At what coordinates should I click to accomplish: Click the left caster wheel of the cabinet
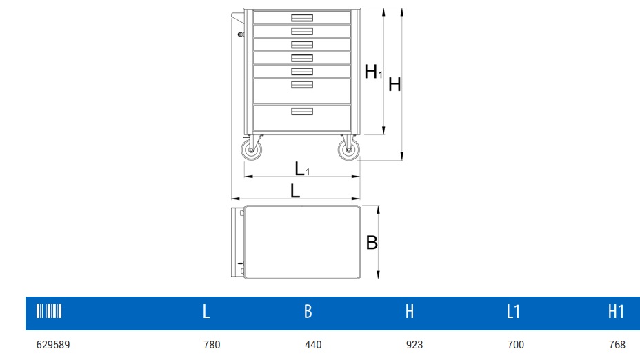pos(250,150)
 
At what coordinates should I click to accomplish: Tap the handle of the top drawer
pos(302,17)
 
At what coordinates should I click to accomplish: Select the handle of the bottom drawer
pos(302,111)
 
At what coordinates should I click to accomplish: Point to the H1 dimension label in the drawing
pos(373,72)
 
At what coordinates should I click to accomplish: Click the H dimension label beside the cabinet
pos(394,85)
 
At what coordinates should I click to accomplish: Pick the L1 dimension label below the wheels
pos(301,168)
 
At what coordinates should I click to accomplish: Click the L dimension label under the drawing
pos(295,191)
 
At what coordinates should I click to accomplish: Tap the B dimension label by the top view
pos(372,243)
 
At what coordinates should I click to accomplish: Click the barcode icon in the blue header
pos(49,311)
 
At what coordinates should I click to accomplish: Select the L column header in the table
pos(206,312)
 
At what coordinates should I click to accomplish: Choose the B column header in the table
pos(308,312)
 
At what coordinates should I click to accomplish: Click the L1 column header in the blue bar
pos(513,312)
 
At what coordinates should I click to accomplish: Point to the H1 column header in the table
pos(616,312)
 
